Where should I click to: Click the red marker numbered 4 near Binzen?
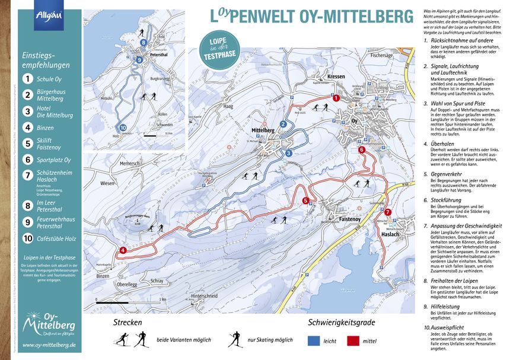(123, 250)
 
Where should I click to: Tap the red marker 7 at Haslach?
(388, 212)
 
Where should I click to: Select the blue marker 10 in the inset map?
(123, 127)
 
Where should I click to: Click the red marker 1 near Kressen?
(336, 98)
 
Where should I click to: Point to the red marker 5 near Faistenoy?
(306, 200)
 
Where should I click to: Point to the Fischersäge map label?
(383, 55)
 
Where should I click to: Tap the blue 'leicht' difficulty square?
(315, 340)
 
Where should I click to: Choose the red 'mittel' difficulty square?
(355, 340)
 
